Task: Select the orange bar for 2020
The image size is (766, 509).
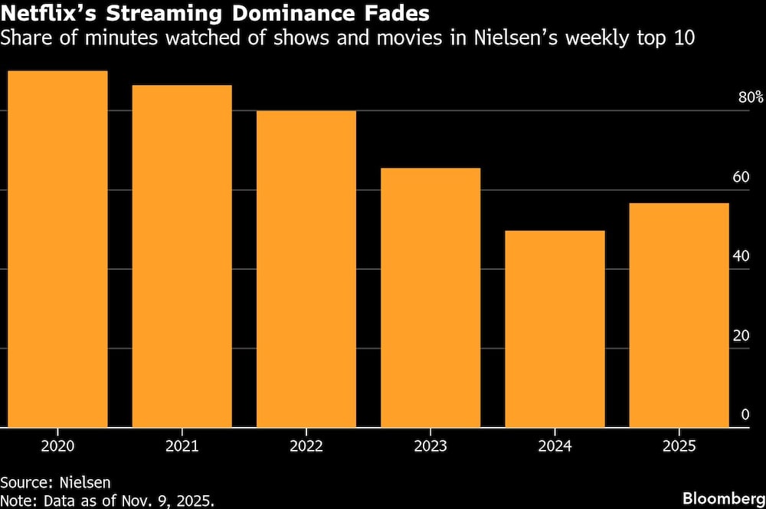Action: (57, 249)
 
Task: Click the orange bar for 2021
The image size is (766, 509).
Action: (182, 256)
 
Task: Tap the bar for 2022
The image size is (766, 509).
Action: (306, 269)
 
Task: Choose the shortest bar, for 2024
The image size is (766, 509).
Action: (555, 329)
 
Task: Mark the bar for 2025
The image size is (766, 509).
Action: (679, 315)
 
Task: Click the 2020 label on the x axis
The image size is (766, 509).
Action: (57, 446)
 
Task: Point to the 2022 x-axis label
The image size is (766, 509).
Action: (306, 446)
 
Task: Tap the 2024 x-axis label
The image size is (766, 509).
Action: (555, 446)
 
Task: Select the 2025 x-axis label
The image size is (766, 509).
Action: (679, 446)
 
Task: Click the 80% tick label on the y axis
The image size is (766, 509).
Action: (750, 97)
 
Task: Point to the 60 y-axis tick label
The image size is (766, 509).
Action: (740, 177)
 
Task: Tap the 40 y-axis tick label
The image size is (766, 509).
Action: (740, 256)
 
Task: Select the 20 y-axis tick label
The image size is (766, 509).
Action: (740, 336)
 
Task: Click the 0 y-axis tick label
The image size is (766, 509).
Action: (745, 415)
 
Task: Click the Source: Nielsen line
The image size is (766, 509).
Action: (55, 482)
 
